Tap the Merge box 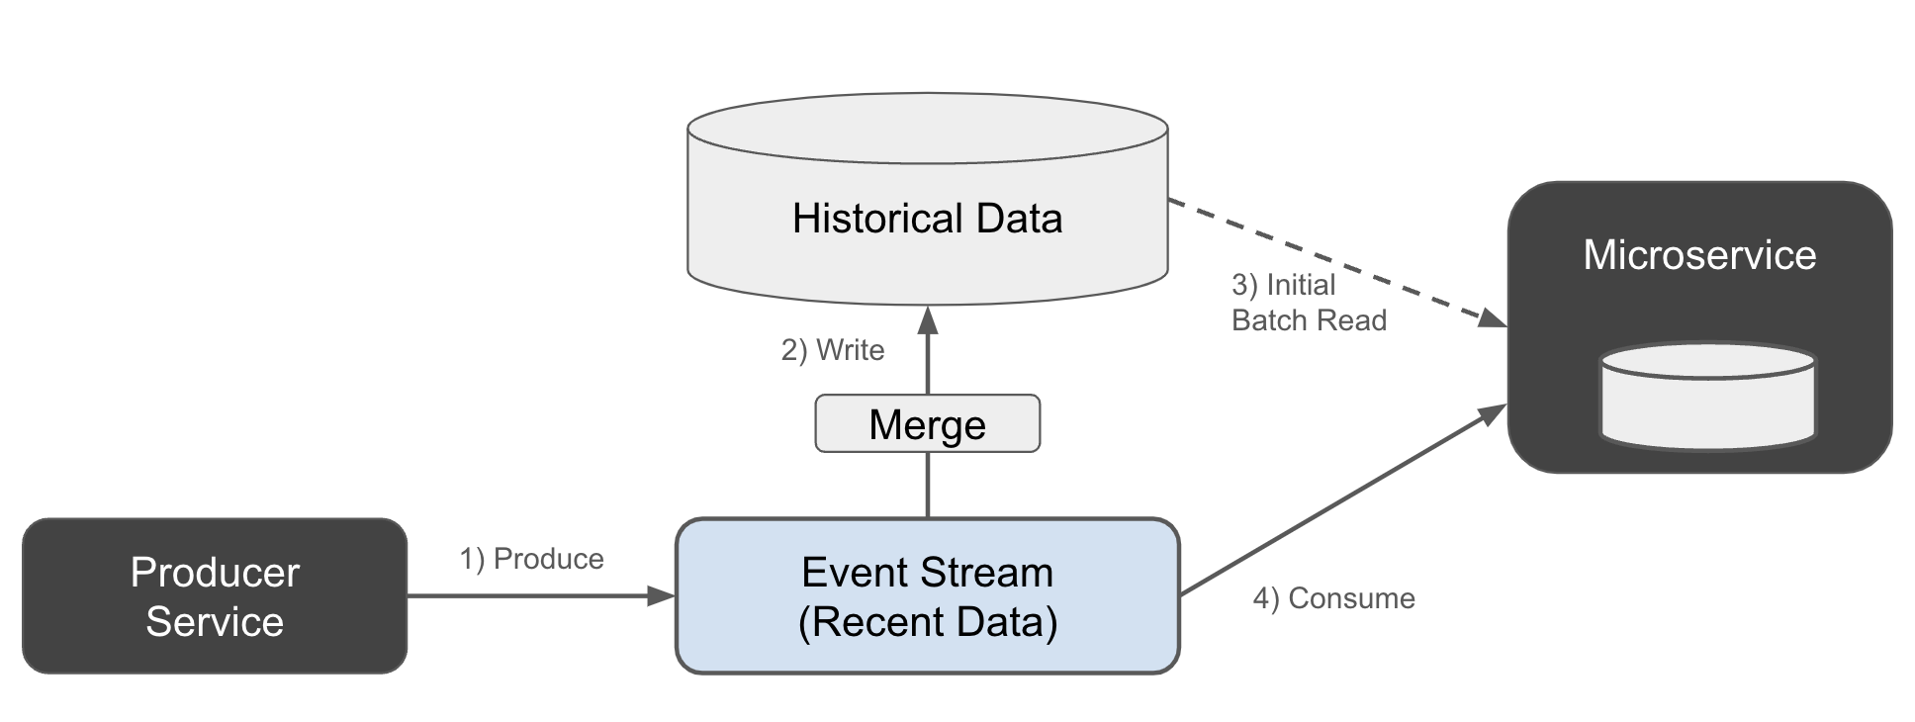pos(927,424)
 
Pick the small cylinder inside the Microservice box pos(1707,397)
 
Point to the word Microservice pos(1698,255)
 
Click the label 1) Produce pos(531,559)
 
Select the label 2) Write pos(832,350)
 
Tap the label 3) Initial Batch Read pos(1308,303)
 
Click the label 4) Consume pos(1333,598)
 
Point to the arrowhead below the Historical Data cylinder pos(927,319)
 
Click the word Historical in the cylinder pos(859,219)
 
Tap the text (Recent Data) pos(927,622)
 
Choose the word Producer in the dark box pos(214,573)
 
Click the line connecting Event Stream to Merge pos(927,485)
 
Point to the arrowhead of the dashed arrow pos(1492,318)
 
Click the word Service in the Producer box pos(214,622)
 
